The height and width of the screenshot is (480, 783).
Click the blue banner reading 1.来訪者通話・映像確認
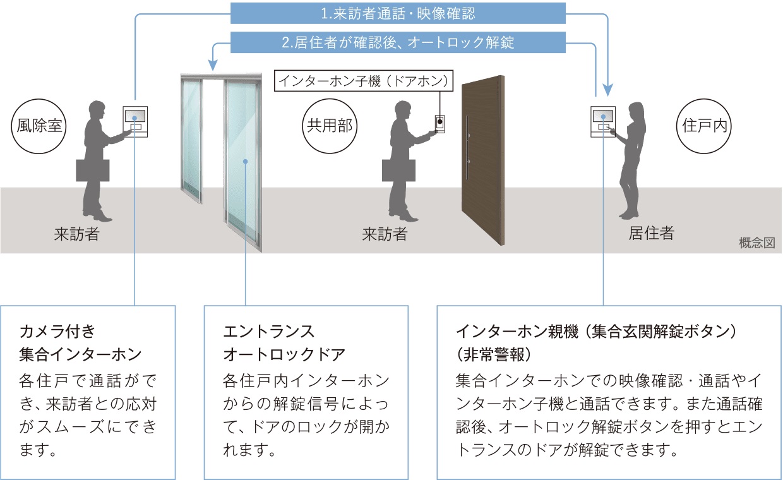click(x=398, y=13)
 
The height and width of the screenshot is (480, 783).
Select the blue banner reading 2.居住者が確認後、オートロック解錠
click(x=398, y=42)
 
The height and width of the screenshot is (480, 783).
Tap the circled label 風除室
click(x=39, y=126)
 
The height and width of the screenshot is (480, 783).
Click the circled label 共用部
click(x=330, y=126)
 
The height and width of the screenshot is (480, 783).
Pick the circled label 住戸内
click(x=704, y=126)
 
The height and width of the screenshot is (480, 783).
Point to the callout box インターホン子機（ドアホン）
click(x=364, y=81)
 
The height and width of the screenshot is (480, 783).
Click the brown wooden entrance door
click(x=483, y=160)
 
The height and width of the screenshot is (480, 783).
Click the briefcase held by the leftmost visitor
click(x=93, y=171)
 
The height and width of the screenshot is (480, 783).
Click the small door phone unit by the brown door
click(x=439, y=124)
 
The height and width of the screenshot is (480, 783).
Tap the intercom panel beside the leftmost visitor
click(x=135, y=122)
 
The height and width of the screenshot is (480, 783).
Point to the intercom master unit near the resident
click(x=603, y=122)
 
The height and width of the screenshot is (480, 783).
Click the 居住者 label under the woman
click(x=651, y=233)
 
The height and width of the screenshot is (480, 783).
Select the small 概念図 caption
click(x=756, y=243)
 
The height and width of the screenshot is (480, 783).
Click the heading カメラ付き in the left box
click(x=57, y=331)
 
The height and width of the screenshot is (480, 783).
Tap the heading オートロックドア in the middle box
click(x=284, y=354)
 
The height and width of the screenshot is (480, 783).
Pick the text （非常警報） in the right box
click(x=494, y=354)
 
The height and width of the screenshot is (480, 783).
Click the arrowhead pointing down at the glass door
click(x=213, y=65)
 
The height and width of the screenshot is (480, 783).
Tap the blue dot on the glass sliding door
click(x=246, y=162)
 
